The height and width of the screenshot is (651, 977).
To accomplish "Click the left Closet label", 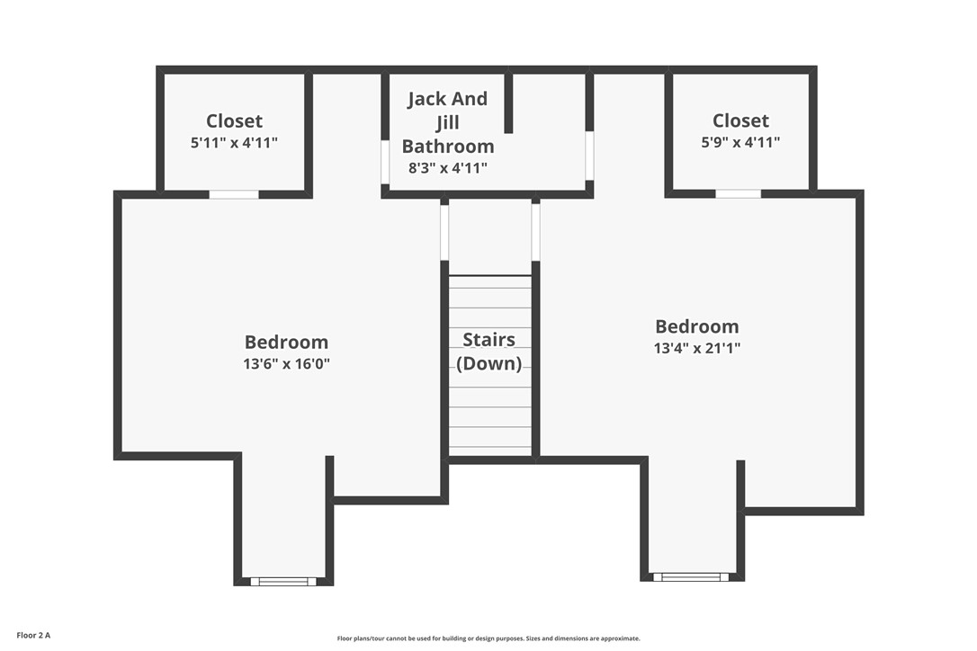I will [234, 120].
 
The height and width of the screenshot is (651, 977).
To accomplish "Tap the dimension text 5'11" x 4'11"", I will [234, 142].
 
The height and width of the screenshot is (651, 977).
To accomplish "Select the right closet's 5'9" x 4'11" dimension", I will [740, 142].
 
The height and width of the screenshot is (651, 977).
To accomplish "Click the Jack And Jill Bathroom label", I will [447, 122].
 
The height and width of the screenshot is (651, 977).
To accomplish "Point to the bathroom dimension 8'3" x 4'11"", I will [447, 167].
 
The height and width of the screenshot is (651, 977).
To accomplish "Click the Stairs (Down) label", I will [489, 352].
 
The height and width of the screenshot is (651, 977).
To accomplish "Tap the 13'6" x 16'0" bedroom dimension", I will [286, 364].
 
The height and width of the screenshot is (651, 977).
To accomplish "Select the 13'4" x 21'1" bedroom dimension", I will [696, 348].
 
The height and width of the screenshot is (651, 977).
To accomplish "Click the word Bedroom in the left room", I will [286, 342].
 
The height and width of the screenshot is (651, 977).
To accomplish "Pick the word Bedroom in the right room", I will [696, 326].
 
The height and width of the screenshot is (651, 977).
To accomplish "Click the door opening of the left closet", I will [234, 194].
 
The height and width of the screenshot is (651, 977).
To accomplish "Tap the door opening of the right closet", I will [738, 193].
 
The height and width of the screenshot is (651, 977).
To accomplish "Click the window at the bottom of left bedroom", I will [283, 582].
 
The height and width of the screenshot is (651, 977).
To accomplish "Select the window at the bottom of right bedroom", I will [691, 577].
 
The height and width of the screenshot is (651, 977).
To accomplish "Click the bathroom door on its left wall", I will [385, 162].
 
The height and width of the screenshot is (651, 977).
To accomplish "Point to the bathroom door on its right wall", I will [589, 155].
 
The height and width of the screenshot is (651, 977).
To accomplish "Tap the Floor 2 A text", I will [33, 636].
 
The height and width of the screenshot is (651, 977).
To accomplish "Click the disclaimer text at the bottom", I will [488, 638].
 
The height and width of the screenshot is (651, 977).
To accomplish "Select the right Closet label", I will [740, 120].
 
